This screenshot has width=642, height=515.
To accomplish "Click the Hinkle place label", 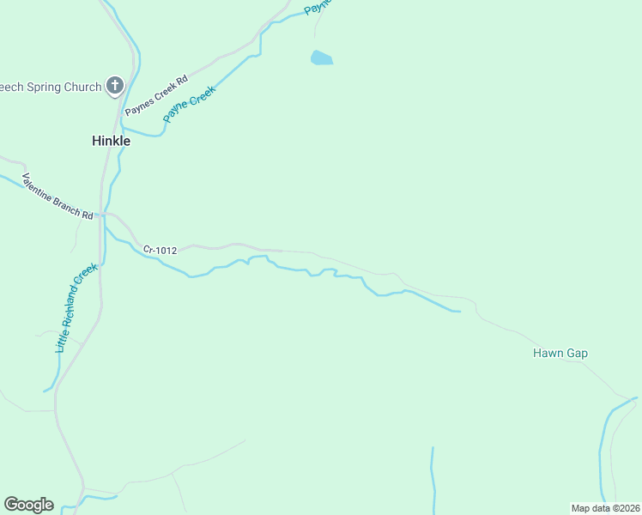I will pos(111,141).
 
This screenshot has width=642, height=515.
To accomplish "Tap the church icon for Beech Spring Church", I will pos(115,85).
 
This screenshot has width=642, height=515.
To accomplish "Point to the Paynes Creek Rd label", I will pos(155,95).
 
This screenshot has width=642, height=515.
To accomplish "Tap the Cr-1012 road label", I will pos(160,251).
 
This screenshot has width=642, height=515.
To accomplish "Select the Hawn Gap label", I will pos(560,353).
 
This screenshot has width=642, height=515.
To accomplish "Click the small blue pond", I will pos(321,58).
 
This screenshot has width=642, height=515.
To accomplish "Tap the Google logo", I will pos(28,505).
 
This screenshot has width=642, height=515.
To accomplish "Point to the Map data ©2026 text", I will pos(605,507).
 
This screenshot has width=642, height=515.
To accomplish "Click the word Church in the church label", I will pos(82,86).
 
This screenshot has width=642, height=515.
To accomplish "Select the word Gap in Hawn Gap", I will pos(576,353).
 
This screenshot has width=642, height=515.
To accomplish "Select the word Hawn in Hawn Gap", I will pos(548,353).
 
